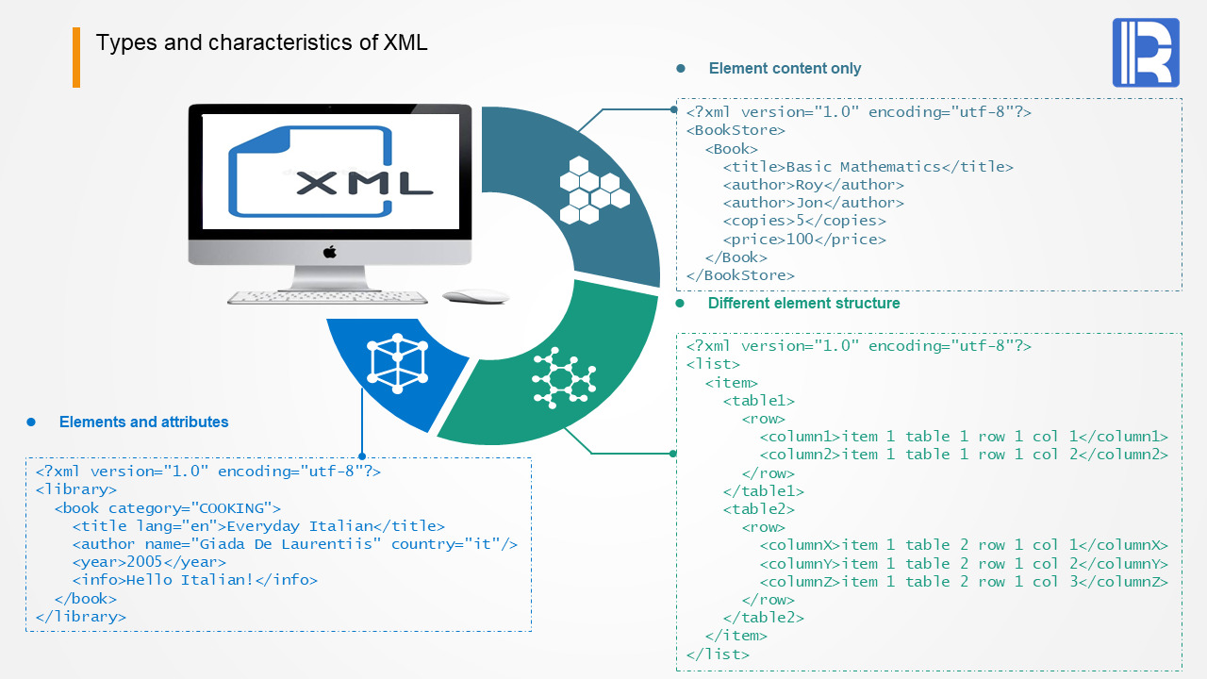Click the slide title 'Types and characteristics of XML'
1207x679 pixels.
(261, 42)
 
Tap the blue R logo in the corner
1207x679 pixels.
(1146, 53)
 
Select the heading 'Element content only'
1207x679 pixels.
(785, 69)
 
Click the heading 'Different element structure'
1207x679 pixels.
(803, 304)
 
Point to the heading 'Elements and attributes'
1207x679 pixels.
(143, 422)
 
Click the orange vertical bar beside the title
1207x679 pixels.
(76, 58)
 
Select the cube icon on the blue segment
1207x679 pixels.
(397, 363)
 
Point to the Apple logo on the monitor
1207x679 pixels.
(330, 252)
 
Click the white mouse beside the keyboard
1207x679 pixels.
(475, 296)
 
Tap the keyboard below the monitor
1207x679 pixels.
(326, 297)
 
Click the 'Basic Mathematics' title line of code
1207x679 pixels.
(868, 167)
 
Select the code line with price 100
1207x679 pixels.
(804, 240)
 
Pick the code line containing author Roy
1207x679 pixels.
(813, 185)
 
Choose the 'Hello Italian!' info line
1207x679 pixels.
(194, 580)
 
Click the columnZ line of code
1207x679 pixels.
(964, 582)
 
